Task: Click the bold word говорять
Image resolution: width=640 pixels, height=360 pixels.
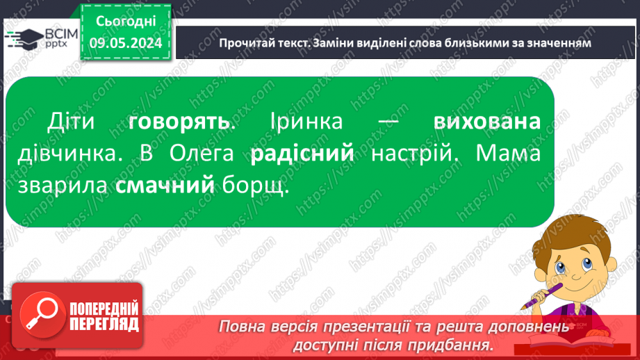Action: click(179, 122)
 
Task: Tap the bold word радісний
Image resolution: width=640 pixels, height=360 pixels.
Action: click(302, 154)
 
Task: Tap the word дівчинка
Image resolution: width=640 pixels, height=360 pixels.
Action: click(72, 154)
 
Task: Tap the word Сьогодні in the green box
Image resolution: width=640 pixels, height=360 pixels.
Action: click(125, 24)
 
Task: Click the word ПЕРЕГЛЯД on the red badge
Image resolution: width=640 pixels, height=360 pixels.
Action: click(104, 324)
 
